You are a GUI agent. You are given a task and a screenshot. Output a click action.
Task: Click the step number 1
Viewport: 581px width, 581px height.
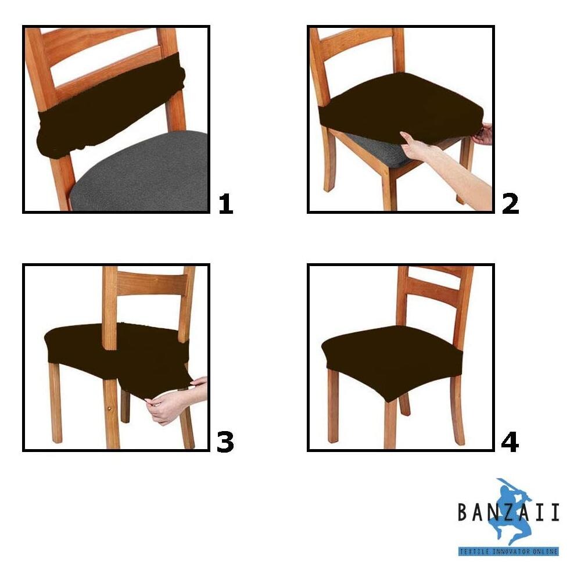[x=225, y=204]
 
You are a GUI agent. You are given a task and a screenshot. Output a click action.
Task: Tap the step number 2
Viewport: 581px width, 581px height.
[x=510, y=204]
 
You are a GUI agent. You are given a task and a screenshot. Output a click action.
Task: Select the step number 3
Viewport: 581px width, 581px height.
[x=225, y=442]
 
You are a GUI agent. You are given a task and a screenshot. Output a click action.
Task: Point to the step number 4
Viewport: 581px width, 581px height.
[x=510, y=442]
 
